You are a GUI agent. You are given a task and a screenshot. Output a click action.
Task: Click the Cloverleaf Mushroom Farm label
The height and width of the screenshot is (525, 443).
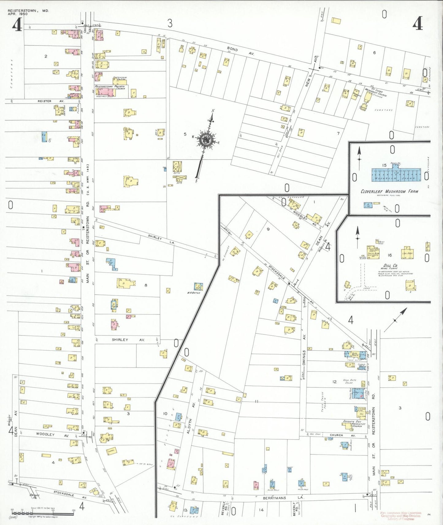(x=389, y=191)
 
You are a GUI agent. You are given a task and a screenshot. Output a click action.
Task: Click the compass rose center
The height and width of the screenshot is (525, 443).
(x=205, y=140)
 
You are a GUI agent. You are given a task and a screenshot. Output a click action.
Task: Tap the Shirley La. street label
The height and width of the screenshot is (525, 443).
(x=161, y=239)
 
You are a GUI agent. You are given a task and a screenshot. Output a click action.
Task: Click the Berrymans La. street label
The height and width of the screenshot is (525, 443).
(x=274, y=498)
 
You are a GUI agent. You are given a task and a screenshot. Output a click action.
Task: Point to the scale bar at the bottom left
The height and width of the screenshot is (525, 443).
(x=43, y=512)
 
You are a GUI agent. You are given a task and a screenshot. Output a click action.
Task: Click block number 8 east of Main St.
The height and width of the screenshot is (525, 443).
(x=146, y=285)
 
